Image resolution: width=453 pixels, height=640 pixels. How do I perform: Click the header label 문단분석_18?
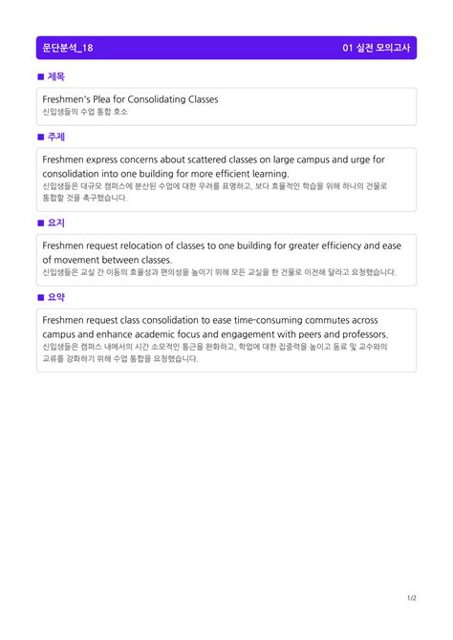point(68,48)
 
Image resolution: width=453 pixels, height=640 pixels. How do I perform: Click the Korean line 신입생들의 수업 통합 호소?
point(85,112)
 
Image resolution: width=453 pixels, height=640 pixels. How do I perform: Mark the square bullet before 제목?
point(40,76)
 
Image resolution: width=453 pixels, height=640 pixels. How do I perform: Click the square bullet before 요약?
point(40,297)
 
